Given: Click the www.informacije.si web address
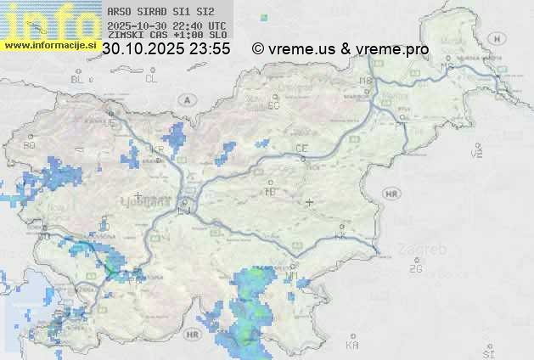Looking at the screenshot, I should tap(50, 44).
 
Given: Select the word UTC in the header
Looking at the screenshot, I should tap(217, 26).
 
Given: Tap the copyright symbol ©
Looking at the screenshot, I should tap(258, 49).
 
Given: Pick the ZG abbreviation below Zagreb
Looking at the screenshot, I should tap(415, 269).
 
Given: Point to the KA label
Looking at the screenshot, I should tap(352, 346).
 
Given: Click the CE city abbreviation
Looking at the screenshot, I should tap(301, 149).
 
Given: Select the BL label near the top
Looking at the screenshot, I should tap(78, 79).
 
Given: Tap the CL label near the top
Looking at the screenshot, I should tap(151, 79).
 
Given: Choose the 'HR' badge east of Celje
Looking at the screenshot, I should tap(391, 194).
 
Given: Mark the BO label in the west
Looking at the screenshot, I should tap(30, 145).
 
